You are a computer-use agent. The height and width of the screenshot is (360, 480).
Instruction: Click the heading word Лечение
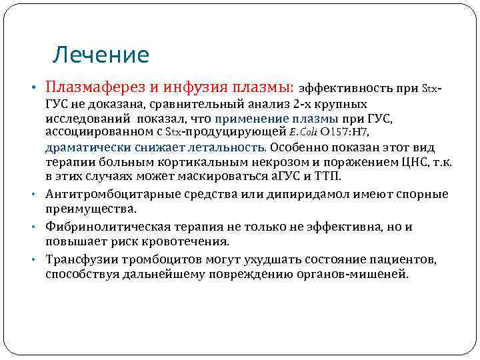pos(101,55)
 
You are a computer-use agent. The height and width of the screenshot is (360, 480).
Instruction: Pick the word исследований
pos(83,119)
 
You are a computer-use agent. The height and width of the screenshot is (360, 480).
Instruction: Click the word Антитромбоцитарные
pos(109,194)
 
